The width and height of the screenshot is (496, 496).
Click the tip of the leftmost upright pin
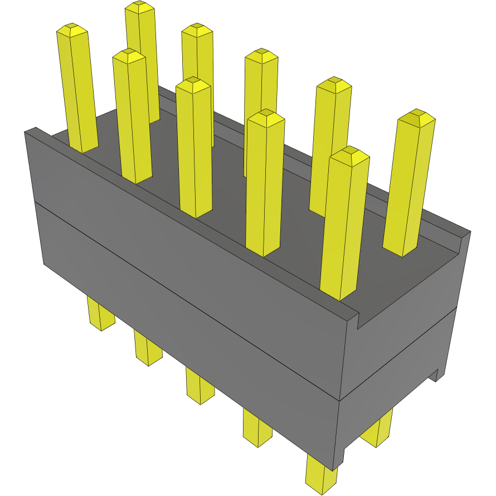coord(71,29)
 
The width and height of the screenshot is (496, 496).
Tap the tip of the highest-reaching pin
coord(139,7)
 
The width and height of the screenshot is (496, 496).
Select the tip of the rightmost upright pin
coord(418,117)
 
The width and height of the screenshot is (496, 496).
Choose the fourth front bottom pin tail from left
coord(257,429)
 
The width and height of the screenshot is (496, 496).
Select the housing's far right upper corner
coord(470,232)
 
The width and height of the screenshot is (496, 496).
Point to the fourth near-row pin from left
coord(265,184)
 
